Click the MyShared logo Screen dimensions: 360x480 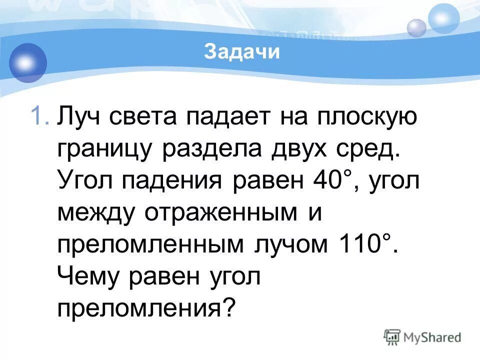point(422,337)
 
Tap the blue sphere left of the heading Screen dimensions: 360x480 point(26,62)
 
